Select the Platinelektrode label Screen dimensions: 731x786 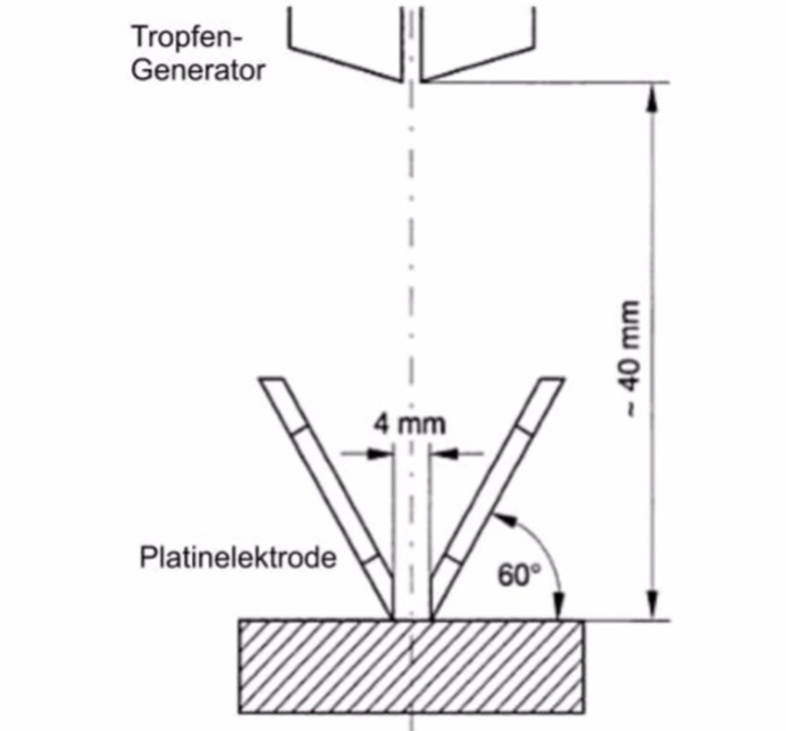[x=238, y=558]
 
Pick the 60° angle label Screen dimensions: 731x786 [x=519, y=576]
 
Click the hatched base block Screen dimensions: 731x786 [x=411, y=666]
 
